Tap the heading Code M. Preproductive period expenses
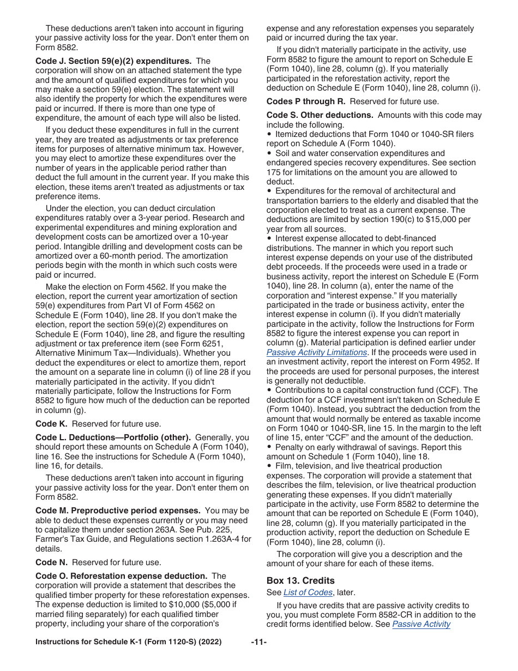118,511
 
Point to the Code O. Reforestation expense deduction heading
121,576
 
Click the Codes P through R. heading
306,101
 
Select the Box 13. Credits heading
300,580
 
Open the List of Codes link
308,592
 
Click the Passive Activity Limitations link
316,352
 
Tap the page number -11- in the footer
259,642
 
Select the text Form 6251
217,344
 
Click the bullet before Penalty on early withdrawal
269,447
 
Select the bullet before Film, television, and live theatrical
269,466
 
